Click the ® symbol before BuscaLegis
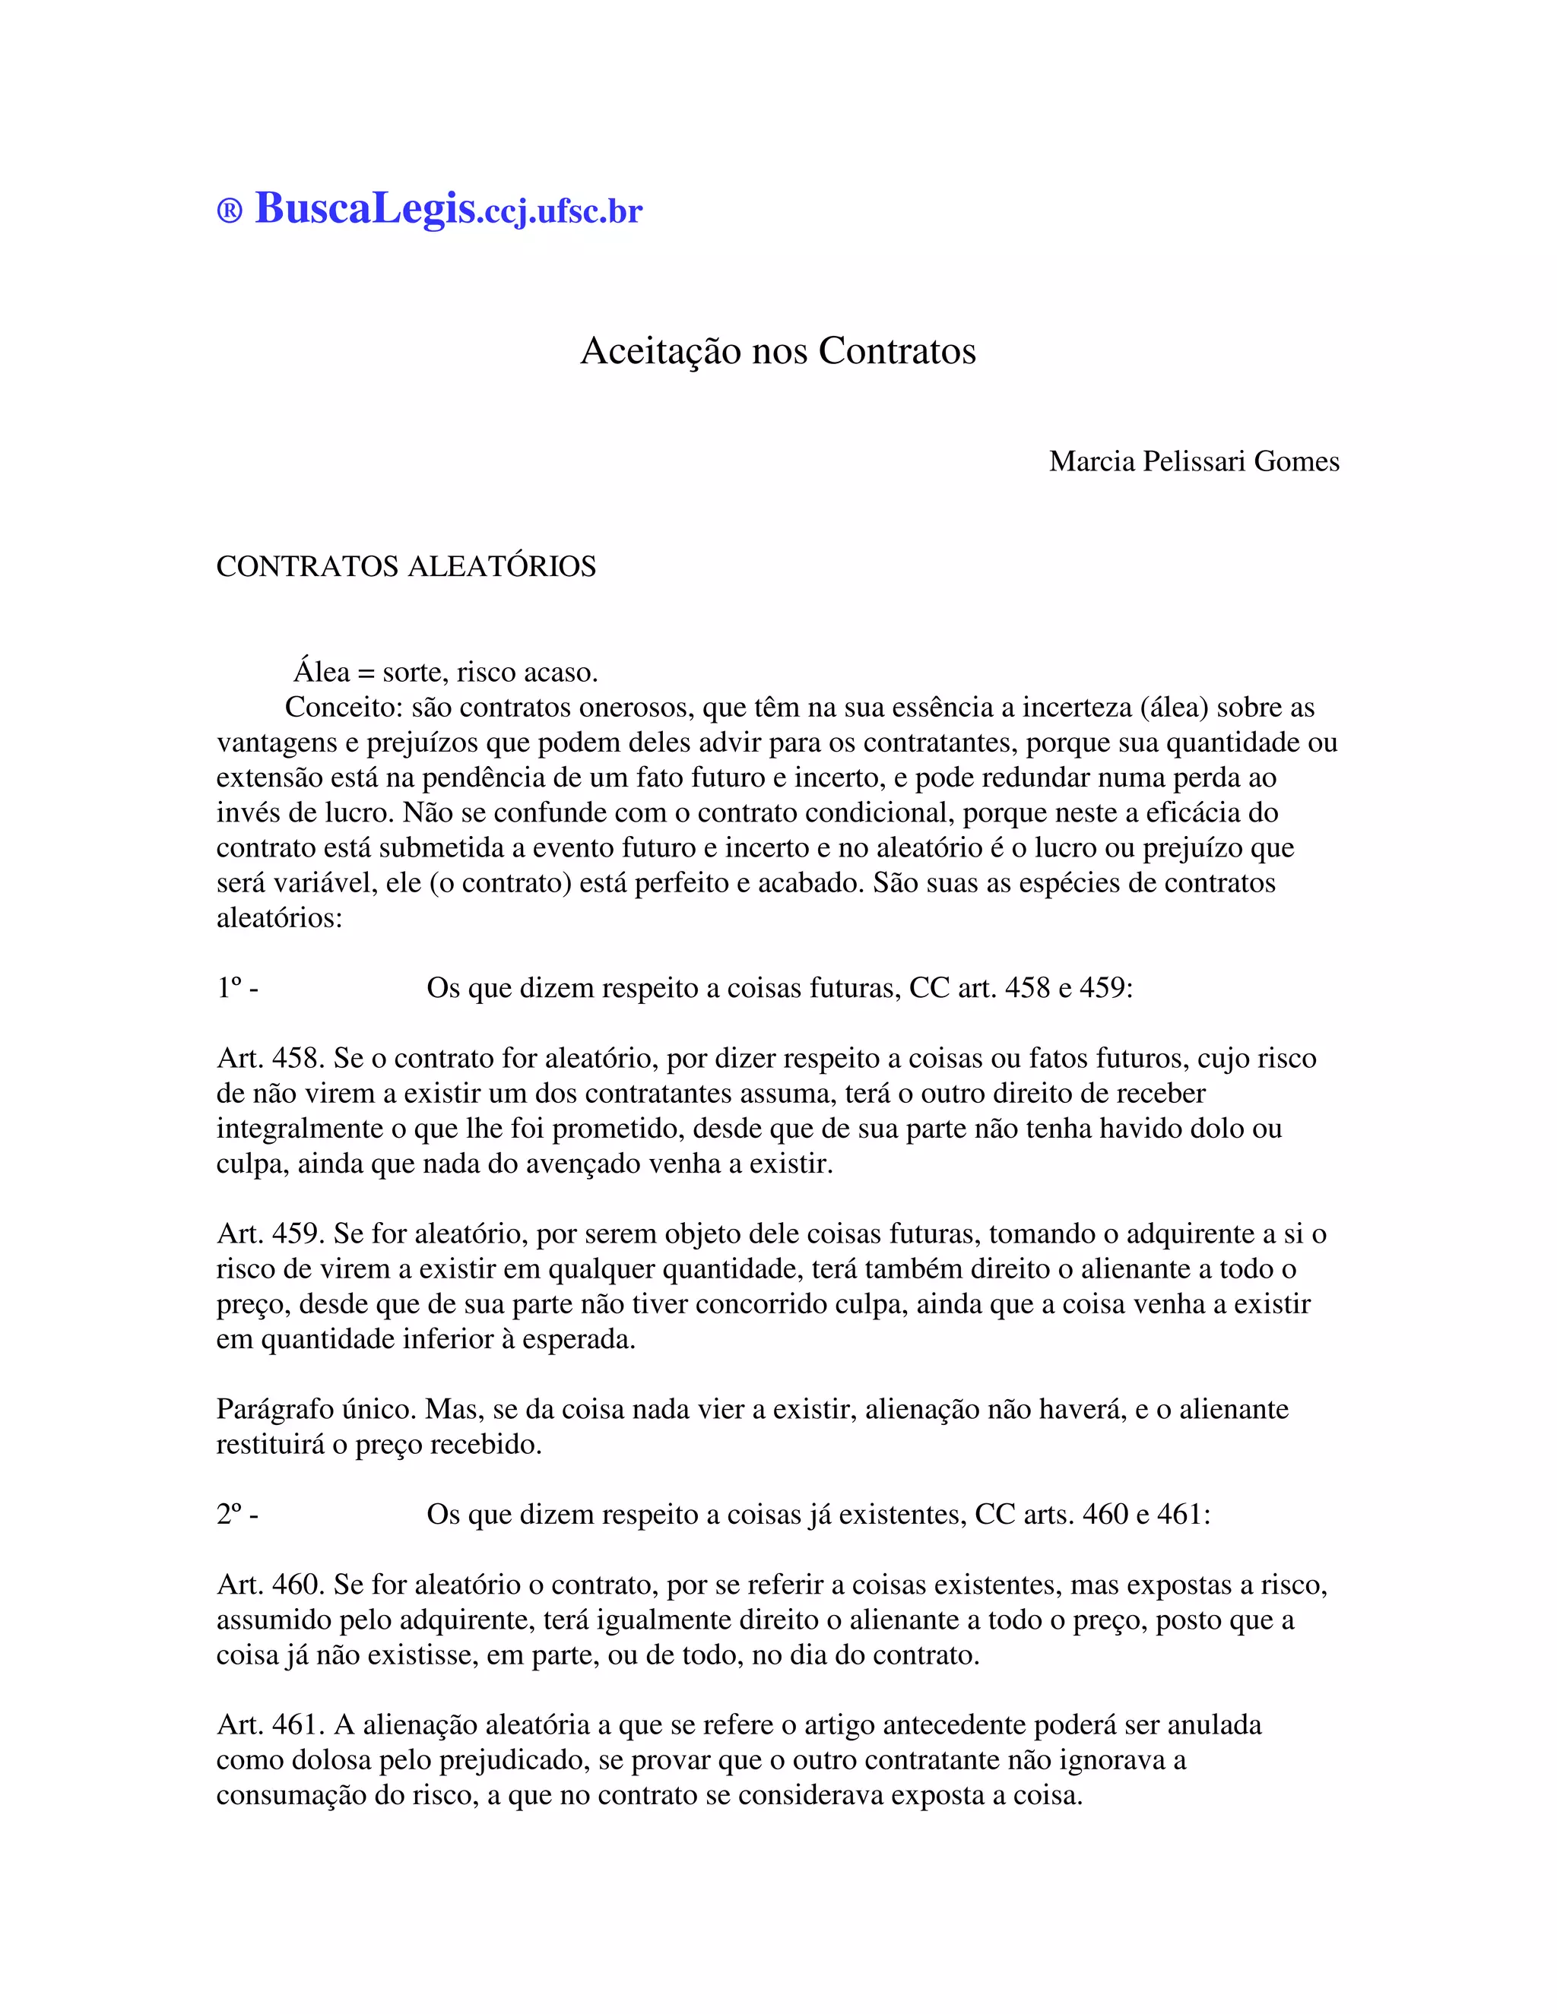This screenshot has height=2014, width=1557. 230,211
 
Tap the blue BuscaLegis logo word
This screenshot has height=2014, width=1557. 365,208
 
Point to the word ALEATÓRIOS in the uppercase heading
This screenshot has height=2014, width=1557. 502,566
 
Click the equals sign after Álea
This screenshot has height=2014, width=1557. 366,673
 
